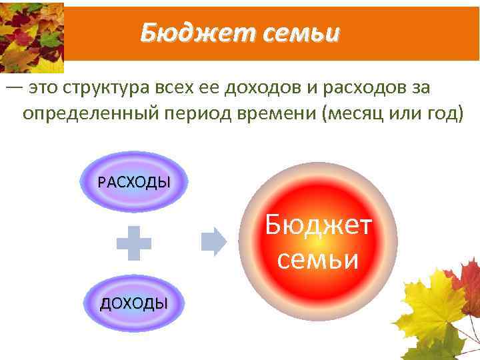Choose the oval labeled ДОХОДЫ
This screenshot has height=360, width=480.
point(133,303)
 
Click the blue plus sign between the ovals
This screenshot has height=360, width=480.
point(133,243)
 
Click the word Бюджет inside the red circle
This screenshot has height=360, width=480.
point(318,225)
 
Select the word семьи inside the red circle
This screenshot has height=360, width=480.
point(318,259)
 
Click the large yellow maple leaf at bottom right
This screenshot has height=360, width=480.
point(433,307)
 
